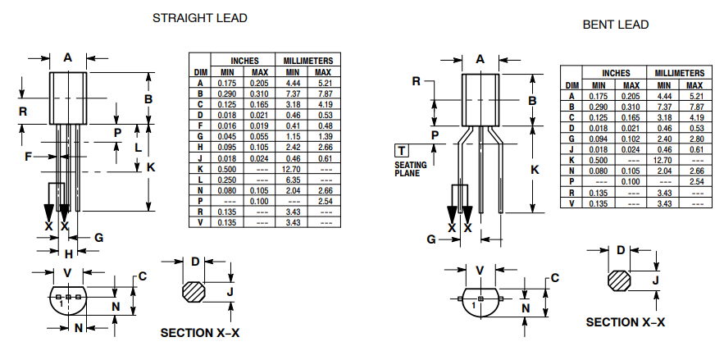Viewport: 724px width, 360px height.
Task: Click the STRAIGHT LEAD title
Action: tap(199, 17)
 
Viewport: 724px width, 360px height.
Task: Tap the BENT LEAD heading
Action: tap(615, 25)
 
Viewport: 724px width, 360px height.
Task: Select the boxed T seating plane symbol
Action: tap(402, 150)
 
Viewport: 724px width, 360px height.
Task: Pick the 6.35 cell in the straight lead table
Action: tap(293, 179)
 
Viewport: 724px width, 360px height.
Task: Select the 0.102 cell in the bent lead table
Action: tap(631, 139)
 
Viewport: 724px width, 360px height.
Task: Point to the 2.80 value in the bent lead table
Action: tap(694, 139)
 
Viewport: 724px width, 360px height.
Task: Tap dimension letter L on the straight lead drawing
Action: tap(137, 148)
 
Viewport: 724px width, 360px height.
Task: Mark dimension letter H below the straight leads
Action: tap(69, 253)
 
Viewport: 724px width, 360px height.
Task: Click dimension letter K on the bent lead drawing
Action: tap(534, 169)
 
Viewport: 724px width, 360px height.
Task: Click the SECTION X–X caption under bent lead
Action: tap(625, 322)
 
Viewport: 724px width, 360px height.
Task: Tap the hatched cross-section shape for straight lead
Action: tap(195, 292)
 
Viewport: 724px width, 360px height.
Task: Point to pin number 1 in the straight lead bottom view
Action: tap(60, 303)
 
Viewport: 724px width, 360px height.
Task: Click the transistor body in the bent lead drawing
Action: tap(481, 98)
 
